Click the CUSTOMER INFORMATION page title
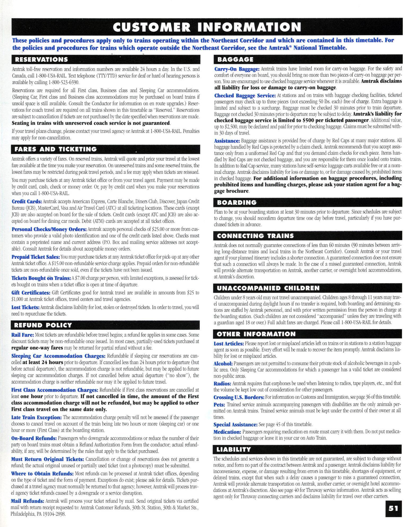(207, 27)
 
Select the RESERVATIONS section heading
(41, 59)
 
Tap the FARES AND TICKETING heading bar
(56, 149)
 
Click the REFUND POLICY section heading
(43, 325)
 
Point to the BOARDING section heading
(237, 203)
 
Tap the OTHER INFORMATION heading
(256, 334)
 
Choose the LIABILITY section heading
(234, 449)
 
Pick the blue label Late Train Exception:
(36, 417)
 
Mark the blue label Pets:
(219, 404)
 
